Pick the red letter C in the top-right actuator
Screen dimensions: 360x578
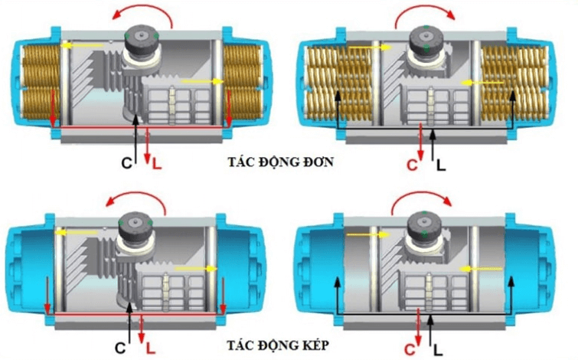(x=410, y=164)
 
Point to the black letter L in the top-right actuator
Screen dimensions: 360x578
(x=439, y=163)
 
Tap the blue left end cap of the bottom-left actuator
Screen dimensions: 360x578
(x=25, y=264)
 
